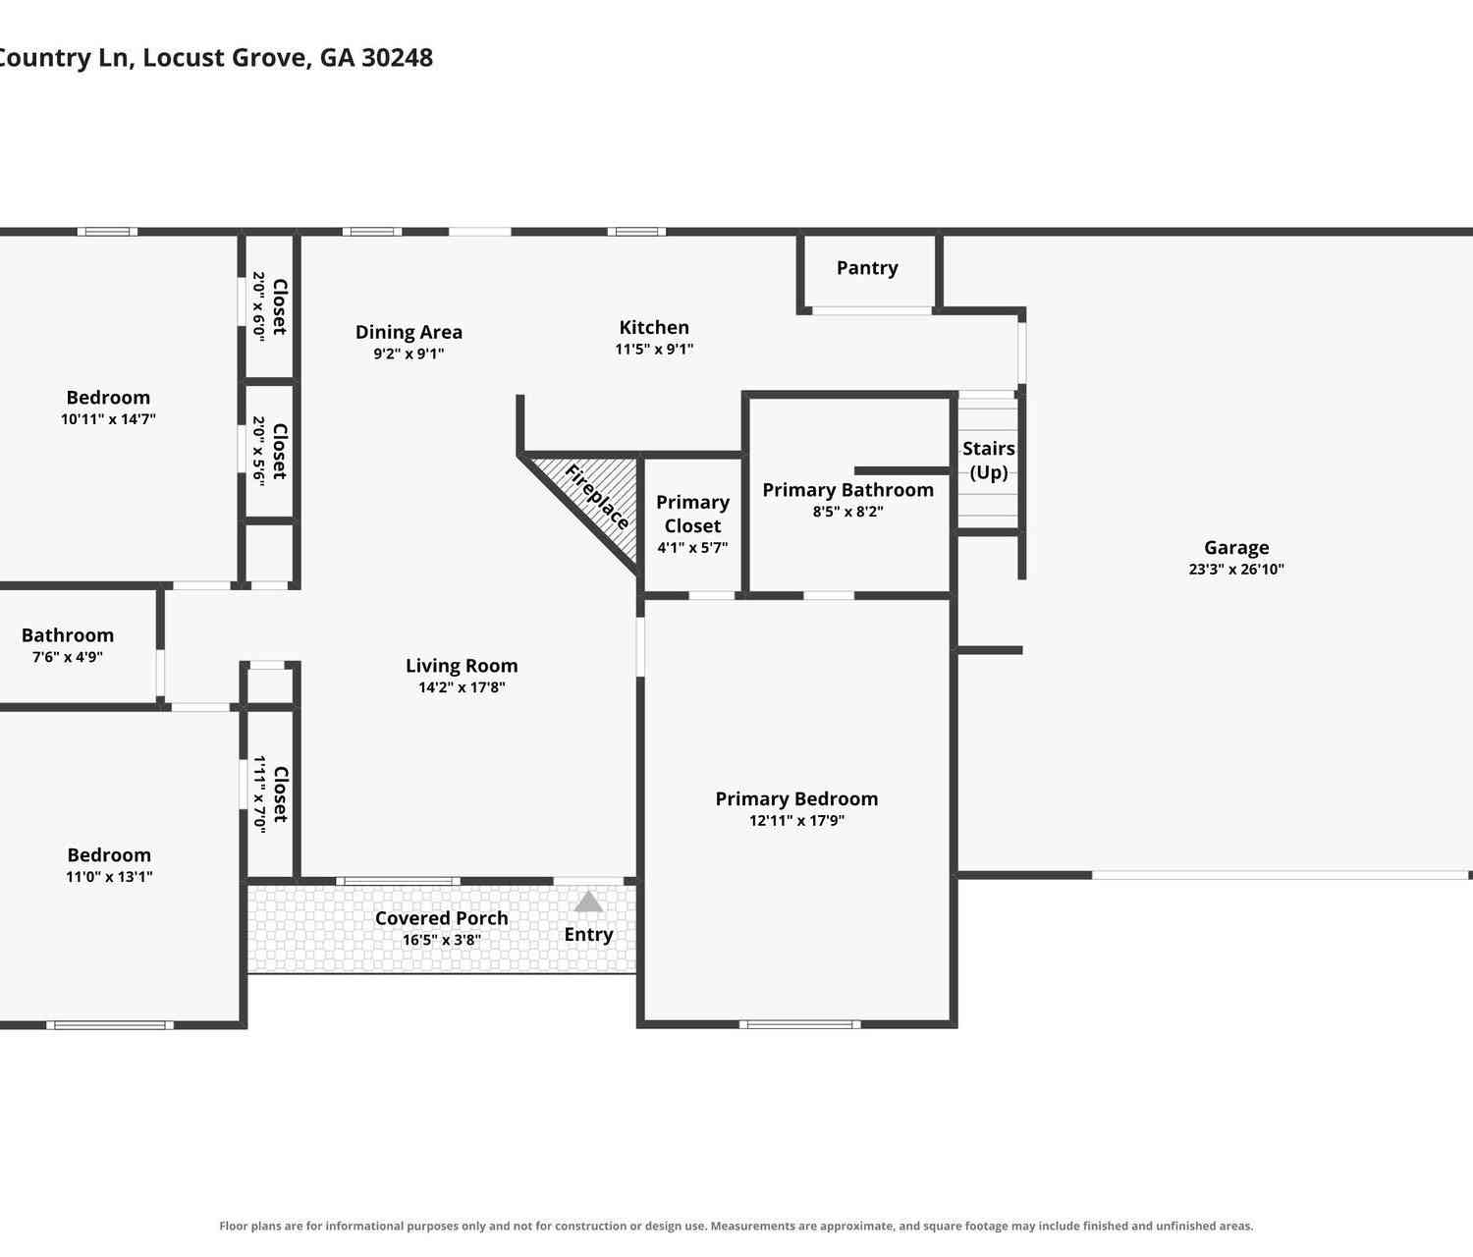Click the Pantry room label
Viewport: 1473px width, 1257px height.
[866, 268]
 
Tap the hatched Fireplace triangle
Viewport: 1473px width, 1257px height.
[599, 493]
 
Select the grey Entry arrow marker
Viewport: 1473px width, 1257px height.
[588, 902]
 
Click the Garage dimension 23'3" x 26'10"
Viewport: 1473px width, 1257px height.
[1236, 569]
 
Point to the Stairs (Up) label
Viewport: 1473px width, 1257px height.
[989, 461]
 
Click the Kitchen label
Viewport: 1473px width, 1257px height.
[654, 328]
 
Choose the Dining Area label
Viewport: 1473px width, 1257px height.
[409, 332]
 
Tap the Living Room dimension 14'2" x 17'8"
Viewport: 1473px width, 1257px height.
[462, 687]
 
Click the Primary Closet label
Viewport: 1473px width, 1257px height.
[692, 514]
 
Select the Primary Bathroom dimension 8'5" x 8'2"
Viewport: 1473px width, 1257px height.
[848, 511]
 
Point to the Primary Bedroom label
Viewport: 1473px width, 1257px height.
[796, 798]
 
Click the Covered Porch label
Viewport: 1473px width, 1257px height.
[442, 918]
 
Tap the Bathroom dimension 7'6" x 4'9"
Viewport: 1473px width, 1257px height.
[68, 656]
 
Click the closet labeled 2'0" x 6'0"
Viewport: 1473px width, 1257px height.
[269, 307]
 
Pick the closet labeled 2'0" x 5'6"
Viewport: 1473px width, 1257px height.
[269, 452]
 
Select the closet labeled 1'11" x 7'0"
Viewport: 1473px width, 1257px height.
[270, 794]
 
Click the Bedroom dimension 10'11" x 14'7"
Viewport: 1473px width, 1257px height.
[108, 418]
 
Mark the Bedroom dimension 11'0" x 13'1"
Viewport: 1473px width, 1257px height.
[109, 877]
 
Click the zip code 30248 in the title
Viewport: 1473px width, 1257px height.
[397, 57]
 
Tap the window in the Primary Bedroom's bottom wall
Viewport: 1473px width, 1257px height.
[799, 1024]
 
